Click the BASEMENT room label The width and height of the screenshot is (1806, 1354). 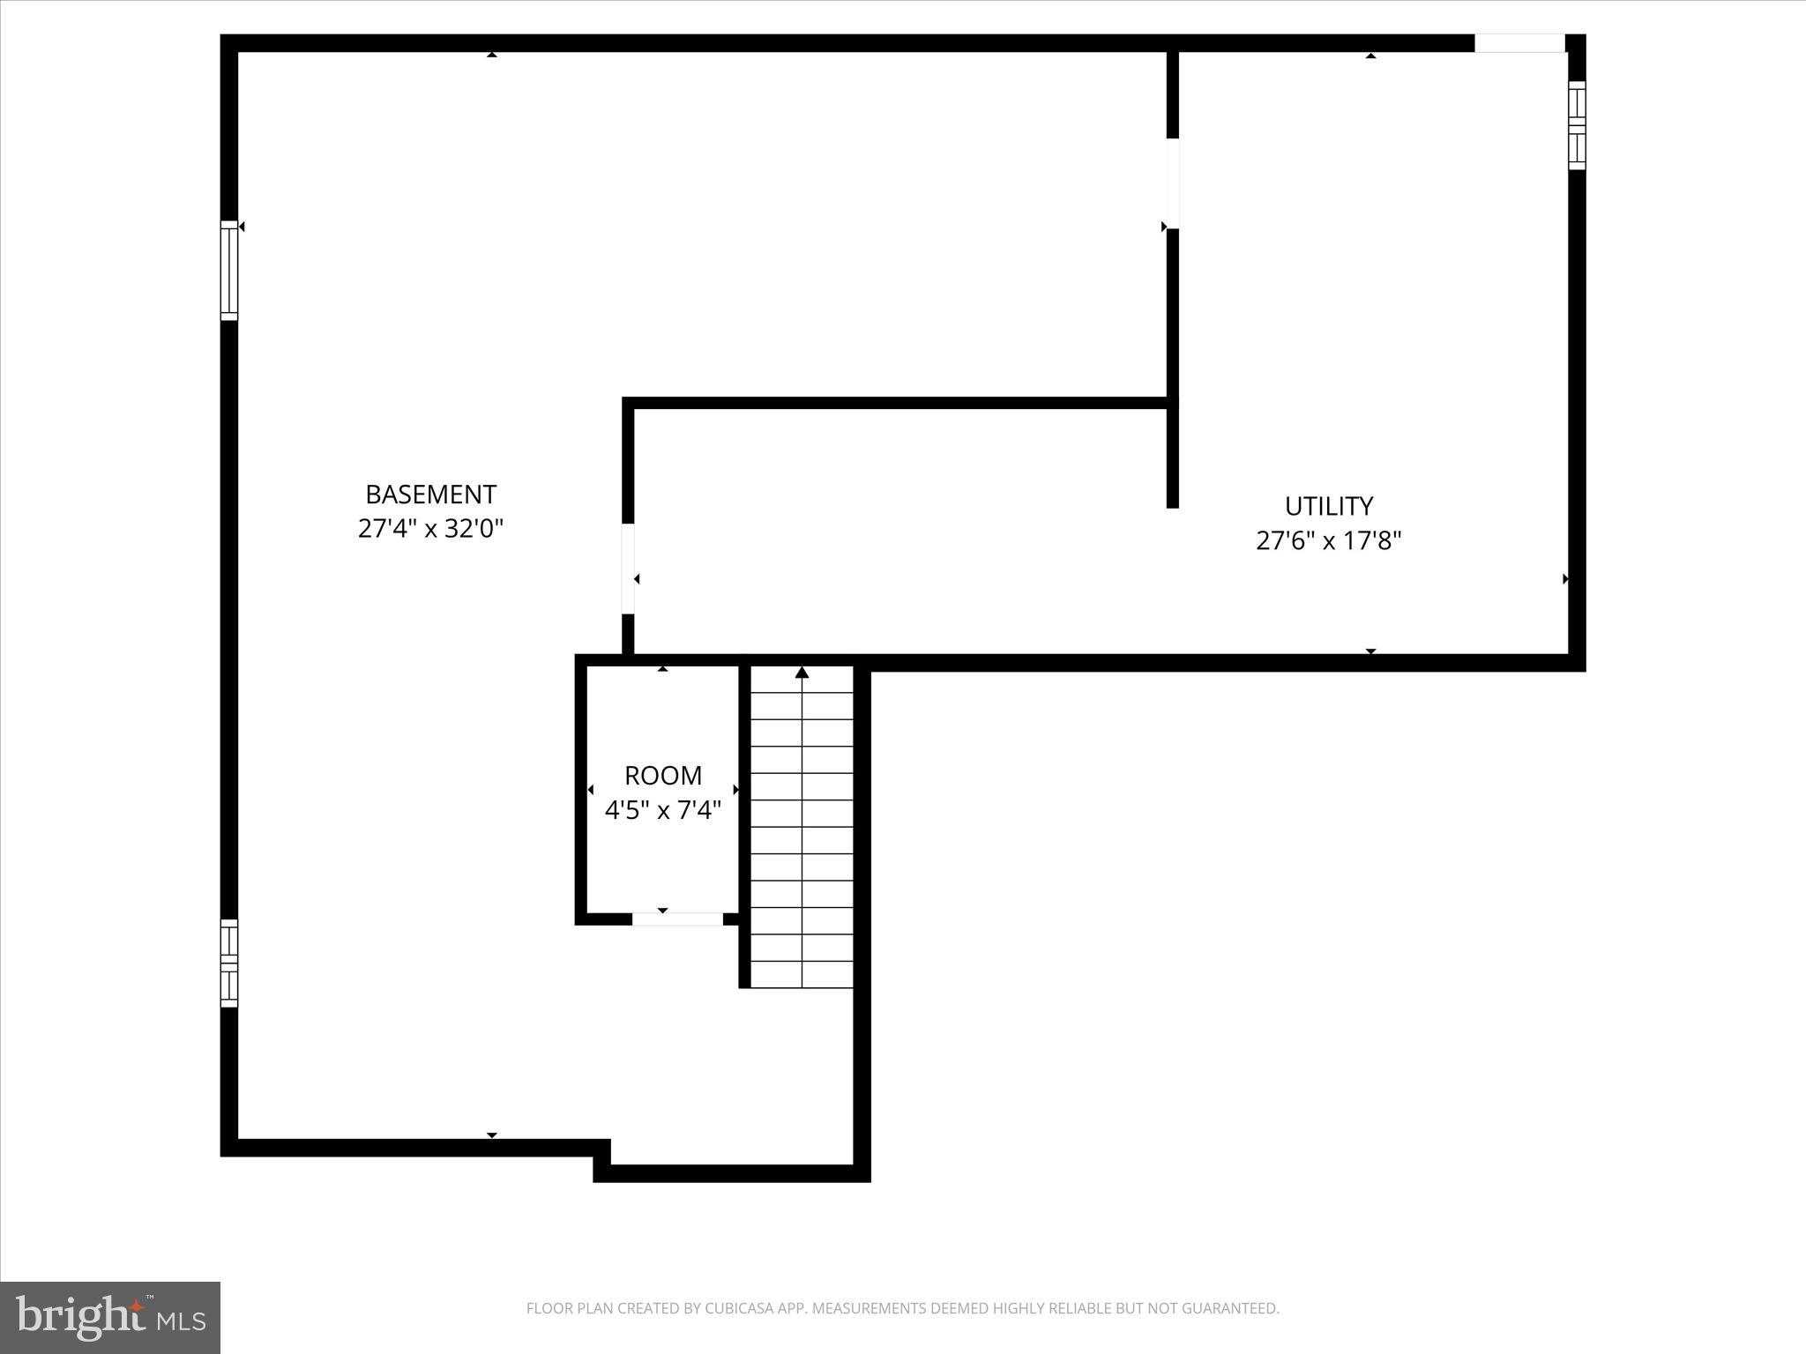click(x=430, y=494)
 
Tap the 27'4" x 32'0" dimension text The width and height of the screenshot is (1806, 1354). click(x=430, y=529)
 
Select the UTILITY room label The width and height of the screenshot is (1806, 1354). click(x=1328, y=506)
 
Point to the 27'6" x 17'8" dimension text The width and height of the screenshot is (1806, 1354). click(x=1328, y=540)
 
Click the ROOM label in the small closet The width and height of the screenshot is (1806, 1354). click(x=663, y=776)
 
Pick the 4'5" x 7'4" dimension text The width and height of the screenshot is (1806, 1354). click(x=663, y=810)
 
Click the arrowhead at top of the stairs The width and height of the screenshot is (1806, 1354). click(x=802, y=673)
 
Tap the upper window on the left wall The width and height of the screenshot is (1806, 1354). click(x=229, y=270)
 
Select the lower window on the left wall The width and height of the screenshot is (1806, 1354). click(x=229, y=963)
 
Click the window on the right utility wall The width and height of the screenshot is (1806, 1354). click(x=1577, y=125)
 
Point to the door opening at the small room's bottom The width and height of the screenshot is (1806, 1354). click(x=677, y=919)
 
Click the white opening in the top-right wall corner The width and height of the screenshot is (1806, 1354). click(x=1519, y=42)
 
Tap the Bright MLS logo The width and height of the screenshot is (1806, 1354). click(x=110, y=1318)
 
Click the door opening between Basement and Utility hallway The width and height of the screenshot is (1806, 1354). click(x=628, y=569)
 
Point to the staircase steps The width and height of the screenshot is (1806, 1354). click(x=802, y=829)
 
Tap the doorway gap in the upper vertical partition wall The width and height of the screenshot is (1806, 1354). click(x=1173, y=183)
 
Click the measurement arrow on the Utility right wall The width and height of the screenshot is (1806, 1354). click(x=1565, y=579)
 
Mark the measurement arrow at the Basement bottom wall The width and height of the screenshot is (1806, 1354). click(x=492, y=1135)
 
